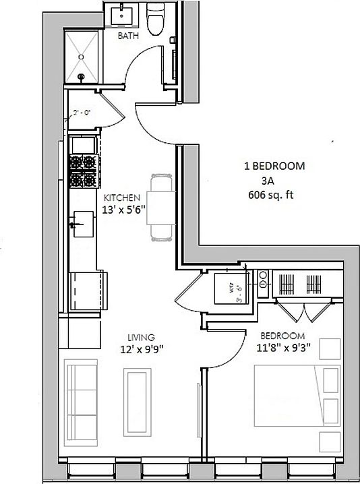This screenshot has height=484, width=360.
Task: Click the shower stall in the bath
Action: click(82, 57)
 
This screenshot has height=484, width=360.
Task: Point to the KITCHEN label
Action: click(121, 198)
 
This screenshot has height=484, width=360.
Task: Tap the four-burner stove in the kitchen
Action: click(82, 171)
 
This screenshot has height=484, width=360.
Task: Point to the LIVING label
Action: click(141, 337)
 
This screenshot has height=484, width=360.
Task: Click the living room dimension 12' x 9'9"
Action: click(141, 349)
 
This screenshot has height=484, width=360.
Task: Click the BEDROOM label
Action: click(282, 336)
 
